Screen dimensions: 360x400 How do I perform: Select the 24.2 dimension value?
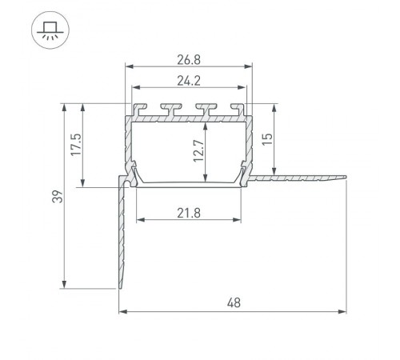pos(190,79)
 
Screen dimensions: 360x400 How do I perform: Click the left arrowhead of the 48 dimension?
pos(122,310)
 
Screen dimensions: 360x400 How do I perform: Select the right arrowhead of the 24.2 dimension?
pos(245,89)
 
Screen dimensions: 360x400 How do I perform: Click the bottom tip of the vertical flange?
pos(121,289)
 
